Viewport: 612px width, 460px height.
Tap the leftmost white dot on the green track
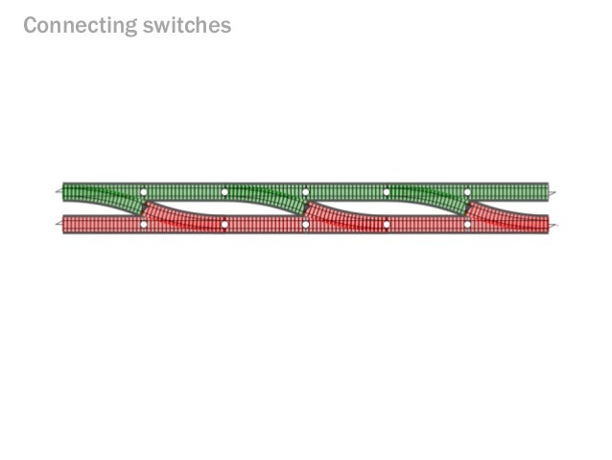144,193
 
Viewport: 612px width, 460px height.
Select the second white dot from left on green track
224,193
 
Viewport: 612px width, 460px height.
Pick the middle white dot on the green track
305,193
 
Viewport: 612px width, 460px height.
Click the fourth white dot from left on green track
387,193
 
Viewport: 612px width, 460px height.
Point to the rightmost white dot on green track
467,193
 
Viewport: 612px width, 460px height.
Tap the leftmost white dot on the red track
144,225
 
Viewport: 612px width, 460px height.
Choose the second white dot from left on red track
224,225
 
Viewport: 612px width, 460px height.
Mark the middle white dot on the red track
305,225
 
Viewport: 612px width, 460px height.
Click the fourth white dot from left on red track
387,225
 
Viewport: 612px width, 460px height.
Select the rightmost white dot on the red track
467,225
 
